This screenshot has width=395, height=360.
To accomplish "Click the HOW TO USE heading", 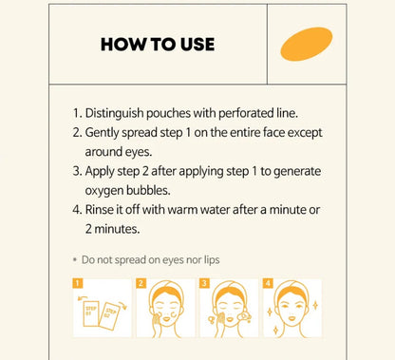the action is pos(158,45).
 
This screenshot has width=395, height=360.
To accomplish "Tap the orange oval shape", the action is pos(307,44).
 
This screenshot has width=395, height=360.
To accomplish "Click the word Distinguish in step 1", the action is pos(114,113).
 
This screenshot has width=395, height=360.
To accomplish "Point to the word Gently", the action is pos(102,133).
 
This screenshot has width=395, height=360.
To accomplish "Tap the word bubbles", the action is pos(148,190).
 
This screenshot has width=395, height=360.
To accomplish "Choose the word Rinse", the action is pos(98,210).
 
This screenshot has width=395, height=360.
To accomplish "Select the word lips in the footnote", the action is pos(212,260).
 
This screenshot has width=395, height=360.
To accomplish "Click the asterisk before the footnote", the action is pos(75,260).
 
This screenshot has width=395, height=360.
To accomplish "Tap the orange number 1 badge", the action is pos(78,283).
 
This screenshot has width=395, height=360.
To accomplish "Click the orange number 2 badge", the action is pos(141,283).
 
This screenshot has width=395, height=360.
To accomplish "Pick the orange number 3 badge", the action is pos(204,283).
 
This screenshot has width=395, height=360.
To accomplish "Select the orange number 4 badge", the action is pos(268,283).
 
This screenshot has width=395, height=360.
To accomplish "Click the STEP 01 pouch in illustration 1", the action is pos(91,312).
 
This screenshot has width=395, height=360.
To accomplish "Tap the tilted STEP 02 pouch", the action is pos(109,315).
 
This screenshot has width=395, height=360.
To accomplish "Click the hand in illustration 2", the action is pos(157,322).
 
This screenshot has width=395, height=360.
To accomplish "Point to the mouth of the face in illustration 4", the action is pos(292,318).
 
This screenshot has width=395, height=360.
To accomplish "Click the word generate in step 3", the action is pos(297,172).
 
